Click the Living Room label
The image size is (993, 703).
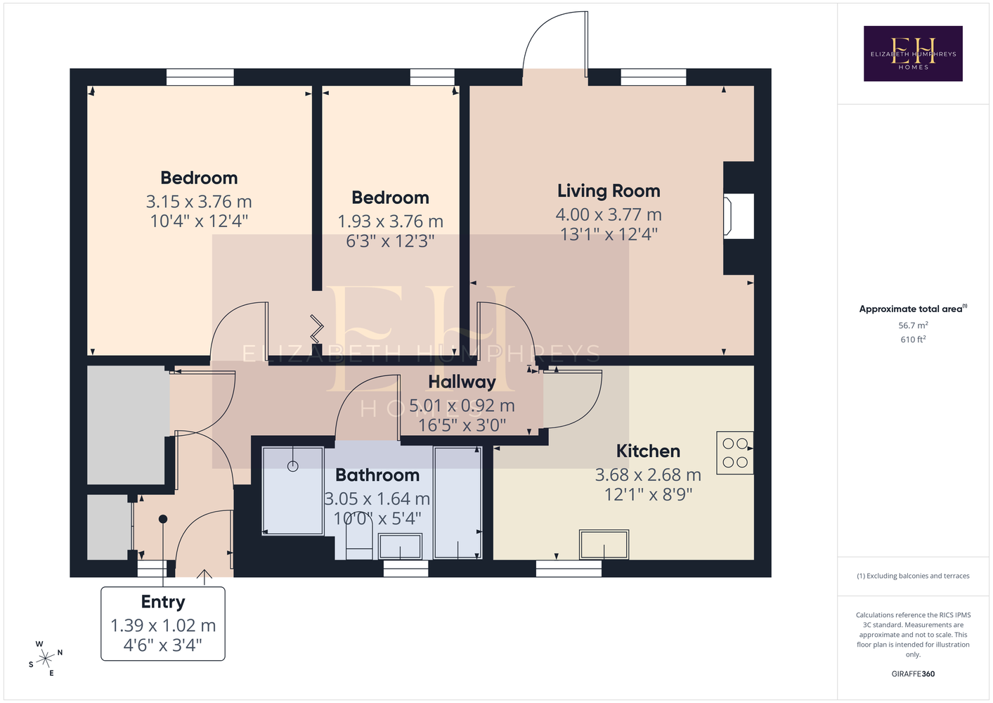point(609,191)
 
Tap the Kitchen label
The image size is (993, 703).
point(648,451)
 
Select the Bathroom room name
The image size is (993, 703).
point(377,475)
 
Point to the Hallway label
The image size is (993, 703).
point(462,382)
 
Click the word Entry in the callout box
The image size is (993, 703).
point(163,602)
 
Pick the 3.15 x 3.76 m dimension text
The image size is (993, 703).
point(199,202)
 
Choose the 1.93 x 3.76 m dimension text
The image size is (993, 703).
point(391,221)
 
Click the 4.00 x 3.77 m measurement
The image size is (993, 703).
point(609,214)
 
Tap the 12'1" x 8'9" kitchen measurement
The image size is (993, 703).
point(648,494)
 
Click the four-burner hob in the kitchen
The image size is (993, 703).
point(735,453)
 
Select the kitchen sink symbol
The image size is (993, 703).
point(604,544)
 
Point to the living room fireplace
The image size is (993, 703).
point(738,217)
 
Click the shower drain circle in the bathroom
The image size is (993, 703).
point(292,466)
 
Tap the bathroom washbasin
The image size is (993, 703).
point(400,546)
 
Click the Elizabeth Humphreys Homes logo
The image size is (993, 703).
point(913,53)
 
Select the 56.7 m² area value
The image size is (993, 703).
point(913,325)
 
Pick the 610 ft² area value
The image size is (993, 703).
point(913,340)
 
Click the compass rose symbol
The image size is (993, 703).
point(46,659)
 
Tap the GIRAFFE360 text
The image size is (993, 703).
point(913,673)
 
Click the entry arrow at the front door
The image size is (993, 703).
point(204,577)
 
